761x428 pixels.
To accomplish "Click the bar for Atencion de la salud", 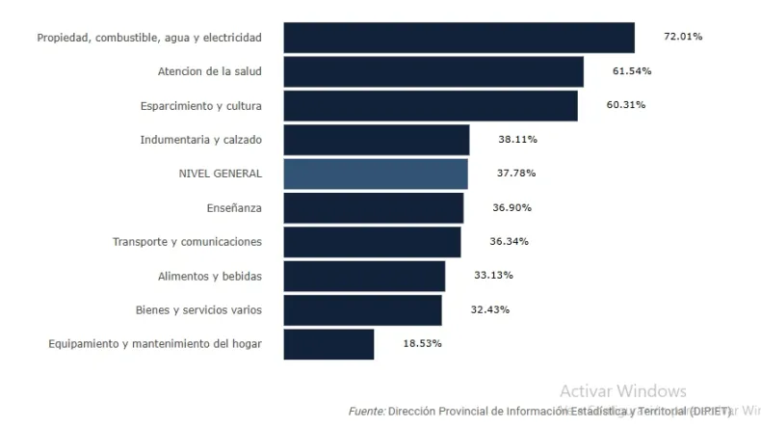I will click(433, 71).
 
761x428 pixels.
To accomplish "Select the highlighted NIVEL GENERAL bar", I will click(375, 174).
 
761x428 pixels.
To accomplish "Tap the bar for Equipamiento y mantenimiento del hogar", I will click(328, 344).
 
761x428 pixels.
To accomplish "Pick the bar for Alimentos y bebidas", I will click(363, 276).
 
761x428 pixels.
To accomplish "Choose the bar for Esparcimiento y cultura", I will click(430, 105).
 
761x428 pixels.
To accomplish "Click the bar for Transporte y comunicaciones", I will click(371, 242).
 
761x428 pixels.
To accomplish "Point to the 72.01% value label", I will click(683, 37).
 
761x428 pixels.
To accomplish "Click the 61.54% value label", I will click(632, 71).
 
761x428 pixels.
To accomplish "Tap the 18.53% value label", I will click(422, 344).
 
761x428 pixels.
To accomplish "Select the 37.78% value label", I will click(516, 174).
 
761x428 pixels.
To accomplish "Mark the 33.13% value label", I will click(493, 276).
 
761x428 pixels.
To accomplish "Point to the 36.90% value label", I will click(512, 207).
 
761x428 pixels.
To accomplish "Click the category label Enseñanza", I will click(234, 207).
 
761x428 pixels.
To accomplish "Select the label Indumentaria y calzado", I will click(200, 140).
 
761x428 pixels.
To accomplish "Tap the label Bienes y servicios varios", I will click(198, 309).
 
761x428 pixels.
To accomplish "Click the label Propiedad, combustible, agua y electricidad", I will click(149, 38).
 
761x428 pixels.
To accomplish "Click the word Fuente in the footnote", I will click(366, 411).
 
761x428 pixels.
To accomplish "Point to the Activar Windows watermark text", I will click(622, 391).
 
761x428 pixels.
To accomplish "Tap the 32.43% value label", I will click(490, 309).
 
